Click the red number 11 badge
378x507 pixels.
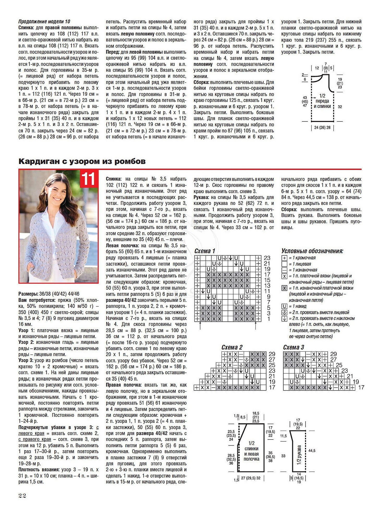[x=89, y=179]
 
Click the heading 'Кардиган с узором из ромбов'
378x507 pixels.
[x=82, y=161]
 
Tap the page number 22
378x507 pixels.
[x=22, y=496]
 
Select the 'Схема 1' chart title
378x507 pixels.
[x=205, y=251]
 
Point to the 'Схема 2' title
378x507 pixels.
[x=232, y=347]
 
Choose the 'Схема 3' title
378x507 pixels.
[x=294, y=347]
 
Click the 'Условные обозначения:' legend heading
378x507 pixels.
[x=312, y=251]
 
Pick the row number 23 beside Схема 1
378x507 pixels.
[x=267, y=258]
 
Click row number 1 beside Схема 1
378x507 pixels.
[x=269, y=319]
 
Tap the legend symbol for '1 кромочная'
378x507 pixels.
[x=284, y=258]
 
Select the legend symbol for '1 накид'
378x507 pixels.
[x=284, y=307]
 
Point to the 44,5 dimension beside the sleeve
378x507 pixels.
[x=312, y=450]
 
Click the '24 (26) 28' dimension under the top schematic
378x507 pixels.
[x=322, y=128]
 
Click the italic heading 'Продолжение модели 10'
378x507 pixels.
[x=44, y=22]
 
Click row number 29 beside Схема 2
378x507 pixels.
[x=272, y=354]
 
